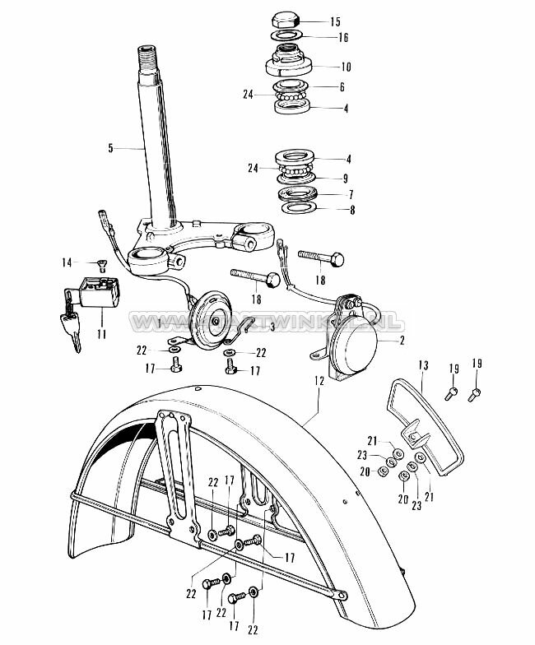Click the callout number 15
coord(334,21)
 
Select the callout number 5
coord(110,148)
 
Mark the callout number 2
coord(401,339)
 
